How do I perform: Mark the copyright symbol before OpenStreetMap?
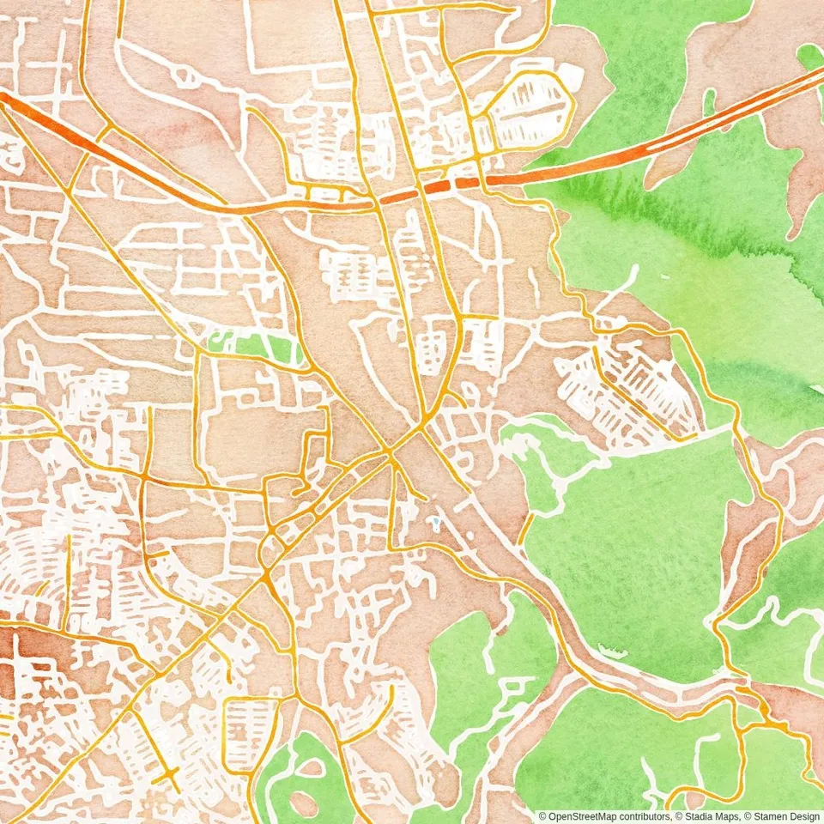tap(542, 816)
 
